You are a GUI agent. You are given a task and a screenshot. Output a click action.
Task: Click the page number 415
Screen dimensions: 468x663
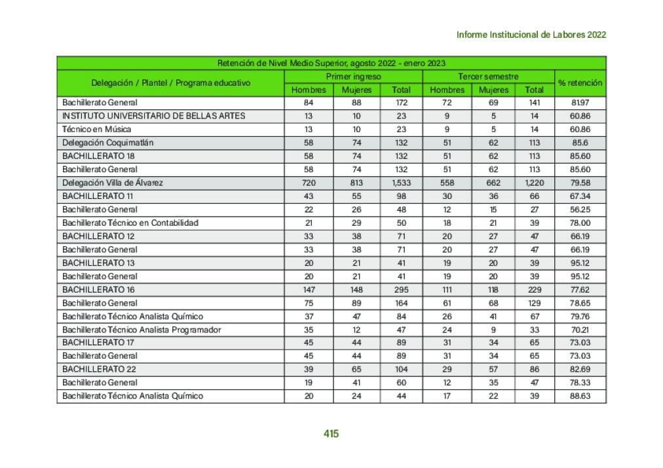[x=331, y=433]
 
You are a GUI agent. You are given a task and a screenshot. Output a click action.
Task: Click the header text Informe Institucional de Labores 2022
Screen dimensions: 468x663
[x=531, y=35]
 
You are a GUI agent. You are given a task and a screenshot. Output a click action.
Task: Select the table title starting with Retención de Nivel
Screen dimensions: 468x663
[x=331, y=63]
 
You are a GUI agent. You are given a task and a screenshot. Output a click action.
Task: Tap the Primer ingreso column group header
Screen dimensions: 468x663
[x=353, y=77]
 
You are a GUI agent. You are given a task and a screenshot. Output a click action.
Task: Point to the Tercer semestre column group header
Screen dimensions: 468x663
[x=488, y=77]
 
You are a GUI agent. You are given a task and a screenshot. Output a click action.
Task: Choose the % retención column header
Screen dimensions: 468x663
[x=580, y=83]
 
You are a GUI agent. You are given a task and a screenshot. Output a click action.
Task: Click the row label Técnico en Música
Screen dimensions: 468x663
[x=96, y=129]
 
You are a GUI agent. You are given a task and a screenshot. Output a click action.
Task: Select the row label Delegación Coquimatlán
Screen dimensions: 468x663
[x=107, y=143]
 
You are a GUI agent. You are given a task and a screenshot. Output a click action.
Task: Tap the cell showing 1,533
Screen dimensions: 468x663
[x=401, y=183]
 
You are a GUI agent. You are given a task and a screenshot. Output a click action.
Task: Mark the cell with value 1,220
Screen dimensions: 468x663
[x=535, y=183]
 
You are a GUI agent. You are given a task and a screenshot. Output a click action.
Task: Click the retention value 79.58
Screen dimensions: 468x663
[x=580, y=183]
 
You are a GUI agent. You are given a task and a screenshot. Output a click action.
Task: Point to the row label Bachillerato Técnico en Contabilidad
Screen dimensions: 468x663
[x=130, y=223]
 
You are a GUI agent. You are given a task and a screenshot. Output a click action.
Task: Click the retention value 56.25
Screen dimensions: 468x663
[x=580, y=209]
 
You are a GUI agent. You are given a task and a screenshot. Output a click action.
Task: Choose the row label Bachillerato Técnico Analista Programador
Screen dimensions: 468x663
[x=142, y=329]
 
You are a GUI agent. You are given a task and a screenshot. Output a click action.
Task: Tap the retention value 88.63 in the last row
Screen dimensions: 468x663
[x=580, y=396]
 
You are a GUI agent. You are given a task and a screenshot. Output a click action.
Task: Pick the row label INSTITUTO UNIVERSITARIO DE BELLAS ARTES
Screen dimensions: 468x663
[x=153, y=116]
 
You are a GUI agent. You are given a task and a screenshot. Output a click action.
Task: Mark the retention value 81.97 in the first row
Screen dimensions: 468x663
[x=580, y=103]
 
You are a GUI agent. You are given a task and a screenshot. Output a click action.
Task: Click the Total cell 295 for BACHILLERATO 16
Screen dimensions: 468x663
[x=401, y=289]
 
